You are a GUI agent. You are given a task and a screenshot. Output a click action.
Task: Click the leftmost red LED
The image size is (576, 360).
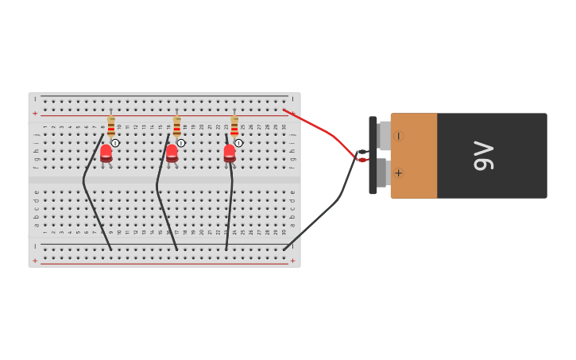pyautogui.click(x=106, y=153)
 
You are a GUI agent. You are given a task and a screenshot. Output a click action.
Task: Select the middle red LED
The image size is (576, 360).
pyautogui.click(x=172, y=153)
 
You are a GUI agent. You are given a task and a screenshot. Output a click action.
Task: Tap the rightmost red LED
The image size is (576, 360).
pyautogui.click(x=230, y=153)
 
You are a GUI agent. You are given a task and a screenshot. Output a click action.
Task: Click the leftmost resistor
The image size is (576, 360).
pyautogui.click(x=111, y=126)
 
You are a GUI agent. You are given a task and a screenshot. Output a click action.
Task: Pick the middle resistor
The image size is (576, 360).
pyautogui.click(x=176, y=126)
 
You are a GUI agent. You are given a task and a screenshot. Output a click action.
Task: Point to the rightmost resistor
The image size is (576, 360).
pyautogui.click(x=234, y=126)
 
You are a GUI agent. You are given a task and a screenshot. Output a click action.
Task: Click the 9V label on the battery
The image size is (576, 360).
pyautogui.click(x=483, y=156)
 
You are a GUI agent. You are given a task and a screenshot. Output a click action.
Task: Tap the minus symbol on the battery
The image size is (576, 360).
pyautogui.click(x=398, y=136)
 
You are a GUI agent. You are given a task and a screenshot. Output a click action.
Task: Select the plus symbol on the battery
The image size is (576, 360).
pyautogui.click(x=398, y=173)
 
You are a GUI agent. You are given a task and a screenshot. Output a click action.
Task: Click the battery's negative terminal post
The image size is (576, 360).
pyautogui.click(x=385, y=136)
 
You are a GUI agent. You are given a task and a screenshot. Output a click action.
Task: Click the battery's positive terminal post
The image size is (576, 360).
pyautogui.click(x=382, y=173)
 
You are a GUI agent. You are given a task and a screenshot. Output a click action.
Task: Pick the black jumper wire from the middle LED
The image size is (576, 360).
pyautogui.click(x=162, y=207)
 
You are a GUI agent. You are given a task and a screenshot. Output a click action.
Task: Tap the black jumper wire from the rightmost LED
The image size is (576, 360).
pyautogui.click(x=230, y=207)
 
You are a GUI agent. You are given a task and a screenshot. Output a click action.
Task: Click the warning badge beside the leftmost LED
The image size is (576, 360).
pyautogui.click(x=115, y=143)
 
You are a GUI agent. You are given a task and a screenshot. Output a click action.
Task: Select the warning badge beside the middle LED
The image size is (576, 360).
pyautogui.click(x=181, y=143)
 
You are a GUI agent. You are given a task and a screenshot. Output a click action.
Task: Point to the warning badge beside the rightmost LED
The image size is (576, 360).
pyautogui.click(x=238, y=143)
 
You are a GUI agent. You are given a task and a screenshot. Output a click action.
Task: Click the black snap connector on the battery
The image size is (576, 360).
pyautogui.click(x=373, y=156)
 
